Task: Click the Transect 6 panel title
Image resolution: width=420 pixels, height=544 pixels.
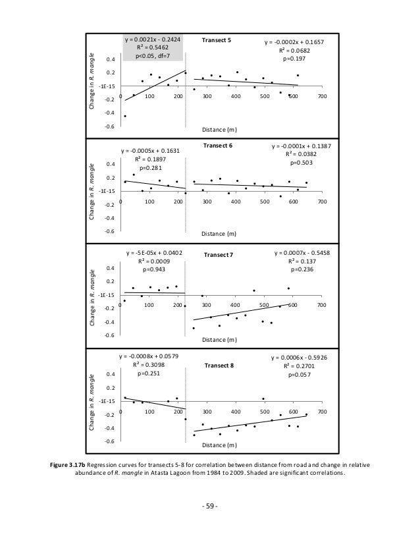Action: [x=217, y=145]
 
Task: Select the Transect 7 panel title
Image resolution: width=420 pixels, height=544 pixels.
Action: [x=218, y=255]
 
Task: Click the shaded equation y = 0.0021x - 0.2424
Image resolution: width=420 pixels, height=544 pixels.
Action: [x=153, y=40]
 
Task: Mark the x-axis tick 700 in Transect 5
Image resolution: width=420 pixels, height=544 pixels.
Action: [x=321, y=97]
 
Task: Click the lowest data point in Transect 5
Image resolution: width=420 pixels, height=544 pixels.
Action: [x=125, y=116]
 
